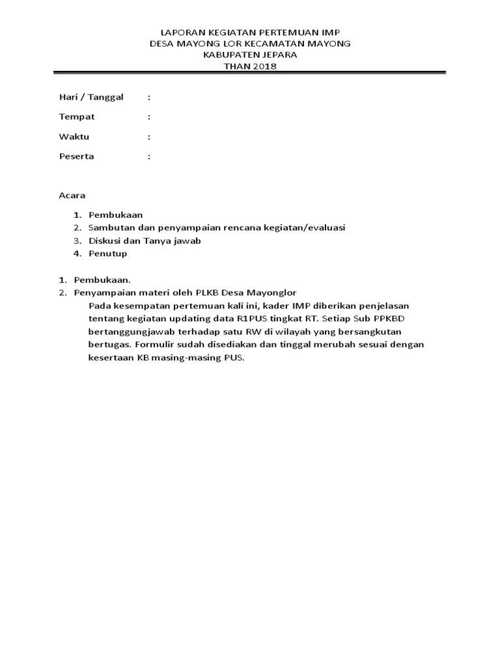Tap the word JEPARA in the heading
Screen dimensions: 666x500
pyautogui.click(x=275, y=55)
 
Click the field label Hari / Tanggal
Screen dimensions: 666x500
pyautogui.click(x=91, y=97)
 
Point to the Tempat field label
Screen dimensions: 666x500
pyautogui.click(x=77, y=116)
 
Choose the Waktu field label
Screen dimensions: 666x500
pyautogui.click(x=74, y=137)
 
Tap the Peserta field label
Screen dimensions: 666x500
pyautogui.click(x=76, y=156)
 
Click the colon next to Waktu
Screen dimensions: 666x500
pyautogui.click(x=149, y=137)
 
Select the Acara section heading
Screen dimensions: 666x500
pyautogui.click(x=72, y=195)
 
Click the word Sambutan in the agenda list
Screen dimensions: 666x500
pyautogui.click(x=109, y=227)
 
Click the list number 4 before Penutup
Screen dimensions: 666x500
pyautogui.click(x=76, y=254)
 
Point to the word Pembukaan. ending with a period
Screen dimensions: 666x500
pyautogui.click(x=102, y=280)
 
